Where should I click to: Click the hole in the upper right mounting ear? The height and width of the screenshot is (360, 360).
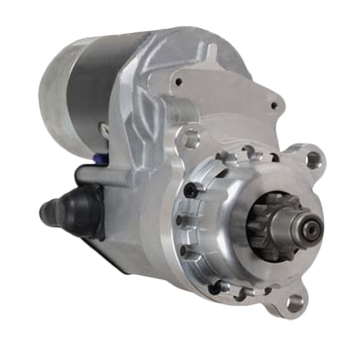(311, 159)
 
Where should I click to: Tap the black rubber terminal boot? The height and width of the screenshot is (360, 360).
(79, 207)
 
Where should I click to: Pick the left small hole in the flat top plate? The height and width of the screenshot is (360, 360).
(179, 81)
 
